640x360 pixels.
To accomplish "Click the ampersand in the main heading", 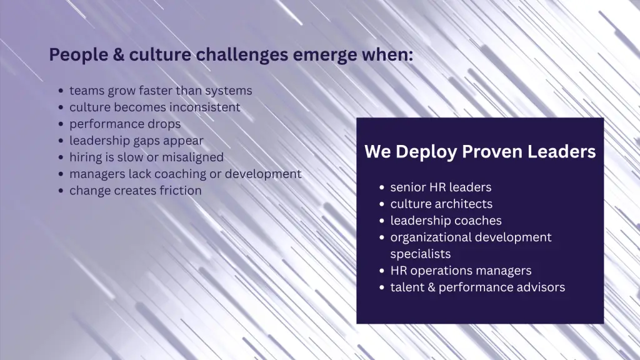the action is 118,55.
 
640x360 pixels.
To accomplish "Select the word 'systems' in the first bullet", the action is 229,91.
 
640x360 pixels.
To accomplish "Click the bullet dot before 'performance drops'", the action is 61,124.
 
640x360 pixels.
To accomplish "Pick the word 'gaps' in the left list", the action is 145,141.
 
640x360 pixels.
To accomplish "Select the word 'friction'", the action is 181,190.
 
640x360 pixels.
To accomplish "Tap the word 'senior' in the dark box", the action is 408,187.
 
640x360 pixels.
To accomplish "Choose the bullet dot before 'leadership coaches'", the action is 382,221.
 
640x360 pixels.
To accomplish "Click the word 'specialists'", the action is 421,254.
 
